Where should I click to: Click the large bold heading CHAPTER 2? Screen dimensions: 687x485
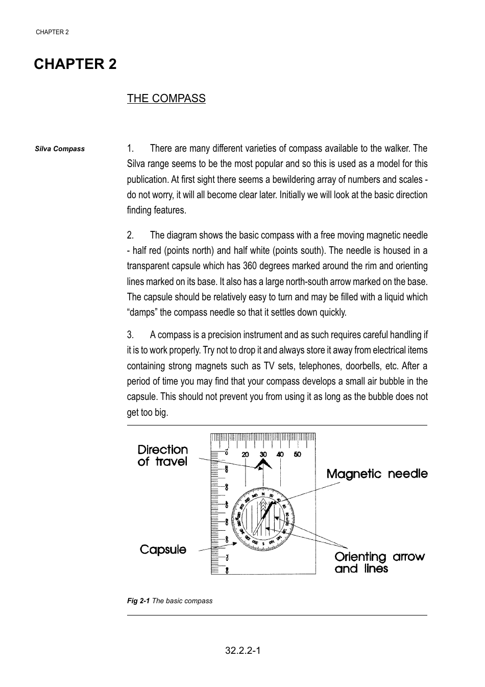click(x=75, y=64)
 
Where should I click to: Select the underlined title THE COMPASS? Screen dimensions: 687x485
click(x=166, y=98)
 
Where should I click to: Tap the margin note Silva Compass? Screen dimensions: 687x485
click(x=60, y=149)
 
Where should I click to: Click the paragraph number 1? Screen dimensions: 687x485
click(x=130, y=149)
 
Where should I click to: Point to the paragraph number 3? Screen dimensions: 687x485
click(x=130, y=335)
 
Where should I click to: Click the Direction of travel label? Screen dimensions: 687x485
click(x=162, y=456)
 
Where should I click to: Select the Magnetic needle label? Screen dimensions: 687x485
click(x=377, y=474)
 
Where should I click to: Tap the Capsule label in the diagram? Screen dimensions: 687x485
click(x=163, y=550)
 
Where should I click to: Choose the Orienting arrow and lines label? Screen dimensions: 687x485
click(x=379, y=562)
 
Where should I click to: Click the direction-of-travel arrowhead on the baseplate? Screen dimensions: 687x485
click(x=263, y=464)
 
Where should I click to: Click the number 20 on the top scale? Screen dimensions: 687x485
click(x=246, y=455)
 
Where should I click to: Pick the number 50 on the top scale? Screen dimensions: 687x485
click(x=298, y=455)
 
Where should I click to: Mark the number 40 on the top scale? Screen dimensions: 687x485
click(x=280, y=455)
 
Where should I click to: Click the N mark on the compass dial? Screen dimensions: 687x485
click(x=263, y=494)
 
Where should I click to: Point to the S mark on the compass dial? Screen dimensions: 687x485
click(x=263, y=542)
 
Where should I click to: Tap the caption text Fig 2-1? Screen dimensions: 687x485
click(x=138, y=601)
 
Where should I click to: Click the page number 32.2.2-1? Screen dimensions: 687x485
click(x=243, y=651)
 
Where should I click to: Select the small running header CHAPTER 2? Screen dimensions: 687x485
click(x=52, y=32)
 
